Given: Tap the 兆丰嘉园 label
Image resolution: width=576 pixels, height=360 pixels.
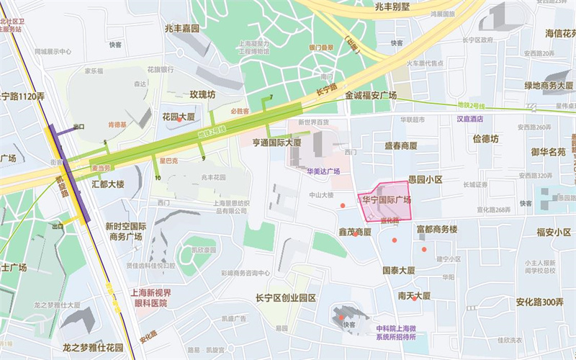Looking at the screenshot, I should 181,28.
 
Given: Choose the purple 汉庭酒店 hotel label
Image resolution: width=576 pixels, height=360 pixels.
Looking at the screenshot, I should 469,119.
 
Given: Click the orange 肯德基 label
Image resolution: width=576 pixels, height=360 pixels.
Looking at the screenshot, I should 117,124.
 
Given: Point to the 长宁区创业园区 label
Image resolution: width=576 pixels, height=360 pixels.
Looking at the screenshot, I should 286,298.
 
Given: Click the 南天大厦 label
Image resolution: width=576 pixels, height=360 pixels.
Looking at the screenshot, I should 413,296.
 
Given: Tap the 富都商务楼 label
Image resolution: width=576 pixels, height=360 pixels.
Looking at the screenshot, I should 437,230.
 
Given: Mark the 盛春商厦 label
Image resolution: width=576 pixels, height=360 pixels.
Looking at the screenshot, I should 400,145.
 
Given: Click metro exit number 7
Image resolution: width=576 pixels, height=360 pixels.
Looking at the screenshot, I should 271,97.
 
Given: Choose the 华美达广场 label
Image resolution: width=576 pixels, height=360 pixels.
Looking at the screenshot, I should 323,172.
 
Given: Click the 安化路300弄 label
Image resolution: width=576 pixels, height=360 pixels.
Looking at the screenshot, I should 539,302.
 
